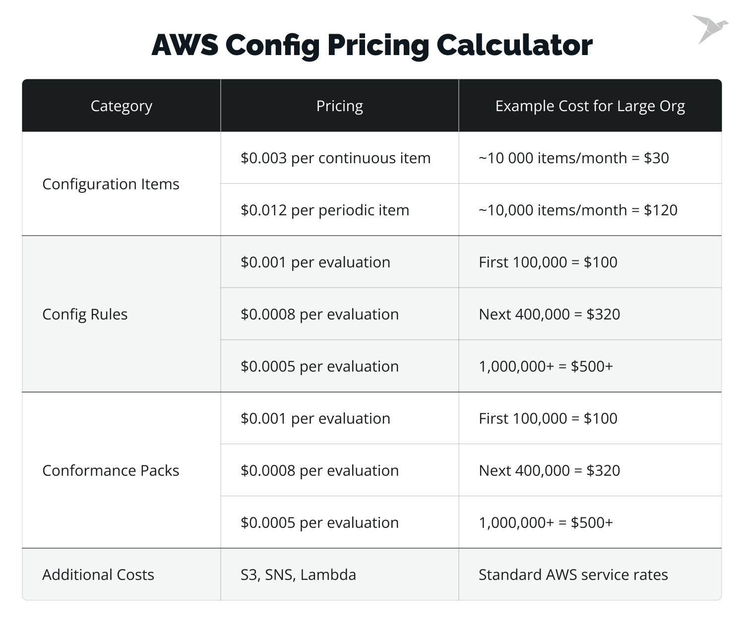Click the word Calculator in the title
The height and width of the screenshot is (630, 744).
[x=514, y=45]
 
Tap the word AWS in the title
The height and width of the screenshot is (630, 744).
[x=185, y=45]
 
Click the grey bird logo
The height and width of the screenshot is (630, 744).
[x=709, y=29]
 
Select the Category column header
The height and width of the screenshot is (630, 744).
[x=121, y=106]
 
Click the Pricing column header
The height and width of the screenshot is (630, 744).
[x=339, y=106]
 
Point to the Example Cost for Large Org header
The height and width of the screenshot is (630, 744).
[x=590, y=106]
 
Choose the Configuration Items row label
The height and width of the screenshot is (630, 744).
[x=111, y=184]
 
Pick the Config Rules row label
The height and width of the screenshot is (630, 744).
[x=85, y=315]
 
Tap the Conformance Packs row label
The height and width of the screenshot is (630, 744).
[x=111, y=471]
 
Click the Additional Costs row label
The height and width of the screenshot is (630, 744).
[x=98, y=575]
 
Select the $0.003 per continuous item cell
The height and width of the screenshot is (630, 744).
[x=335, y=158]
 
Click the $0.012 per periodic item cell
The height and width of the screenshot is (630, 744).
[x=325, y=210]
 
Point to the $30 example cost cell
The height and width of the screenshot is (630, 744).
[x=573, y=158]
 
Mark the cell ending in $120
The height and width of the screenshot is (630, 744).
[x=578, y=210]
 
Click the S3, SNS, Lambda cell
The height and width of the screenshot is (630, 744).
[x=298, y=575]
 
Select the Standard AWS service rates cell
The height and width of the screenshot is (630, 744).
[x=573, y=575]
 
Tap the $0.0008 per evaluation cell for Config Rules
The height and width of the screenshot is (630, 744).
[x=319, y=315]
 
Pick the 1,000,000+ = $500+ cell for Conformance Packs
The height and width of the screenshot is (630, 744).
[x=546, y=523]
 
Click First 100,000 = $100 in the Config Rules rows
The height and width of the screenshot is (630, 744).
[x=548, y=262]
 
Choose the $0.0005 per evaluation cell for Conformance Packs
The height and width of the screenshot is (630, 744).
[x=319, y=523]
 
